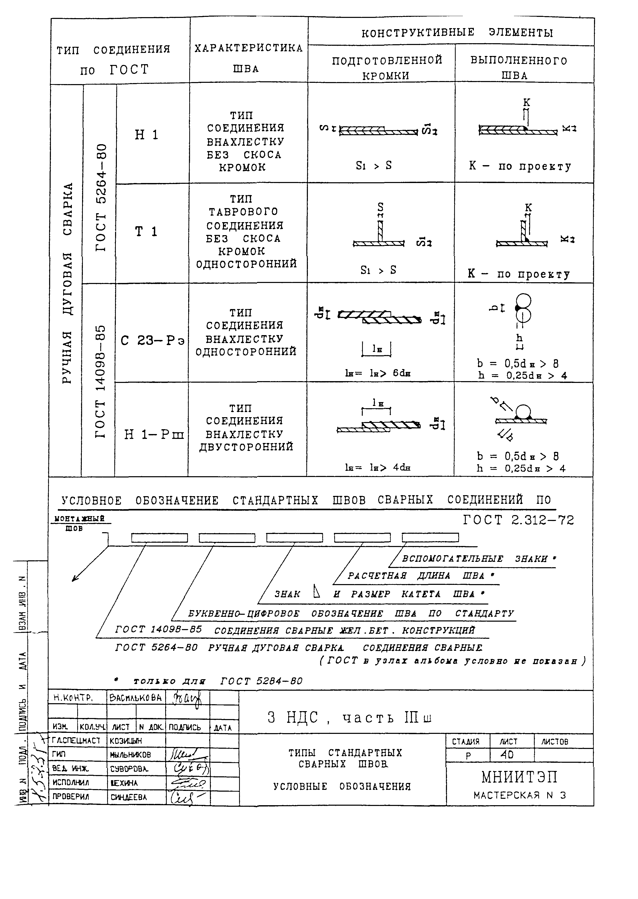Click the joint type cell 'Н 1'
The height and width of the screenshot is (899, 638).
coord(147,135)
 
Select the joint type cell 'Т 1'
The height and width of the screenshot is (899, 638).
coord(146,232)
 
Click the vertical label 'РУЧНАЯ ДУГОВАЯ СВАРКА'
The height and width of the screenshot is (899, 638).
coord(67,283)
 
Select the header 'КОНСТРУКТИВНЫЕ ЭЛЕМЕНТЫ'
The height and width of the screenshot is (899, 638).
coord(457,33)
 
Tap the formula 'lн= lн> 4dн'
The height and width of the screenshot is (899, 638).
coord(378,467)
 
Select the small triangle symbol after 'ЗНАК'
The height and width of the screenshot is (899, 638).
coord(317,591)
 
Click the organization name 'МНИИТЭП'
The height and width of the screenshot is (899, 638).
coord(519,777)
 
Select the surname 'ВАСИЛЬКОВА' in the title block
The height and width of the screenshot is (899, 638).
coord(136,698)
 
